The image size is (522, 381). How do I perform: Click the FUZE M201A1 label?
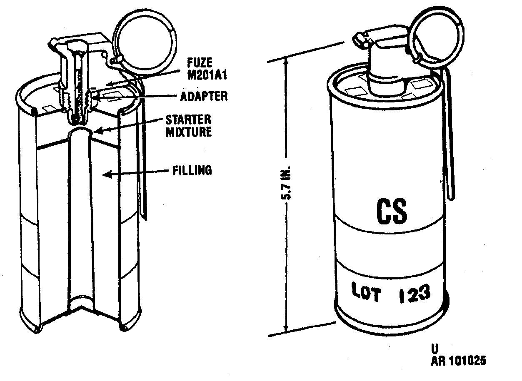(x=207, y=69)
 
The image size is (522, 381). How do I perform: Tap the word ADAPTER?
(x=204, y=96)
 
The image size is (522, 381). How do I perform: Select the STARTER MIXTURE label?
(x=189, y=126)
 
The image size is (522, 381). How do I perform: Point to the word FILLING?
(x=192, y=170)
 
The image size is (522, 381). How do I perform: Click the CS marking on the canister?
(x=392, y=211)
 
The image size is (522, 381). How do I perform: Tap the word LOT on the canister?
(x=366, y=292)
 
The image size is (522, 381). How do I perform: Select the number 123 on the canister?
(x=415, y=293)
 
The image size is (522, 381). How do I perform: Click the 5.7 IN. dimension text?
(x=285, y=182)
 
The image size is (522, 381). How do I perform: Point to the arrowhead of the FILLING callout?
(x=105, y=174)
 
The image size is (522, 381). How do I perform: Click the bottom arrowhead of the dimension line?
(x=287, y=331)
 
